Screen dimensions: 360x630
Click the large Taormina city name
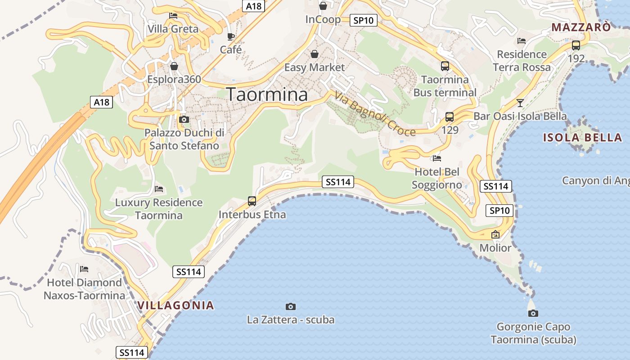point(267,94)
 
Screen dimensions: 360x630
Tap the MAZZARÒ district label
point(581,27)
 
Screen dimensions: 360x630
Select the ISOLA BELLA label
point(582,138)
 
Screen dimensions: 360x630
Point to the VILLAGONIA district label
point(175,305)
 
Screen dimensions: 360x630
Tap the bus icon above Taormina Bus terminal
point(445,66)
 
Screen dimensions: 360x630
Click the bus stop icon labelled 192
point(576,45)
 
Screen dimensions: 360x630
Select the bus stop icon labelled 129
point(449,117)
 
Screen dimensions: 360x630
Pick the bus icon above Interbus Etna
point(252,201)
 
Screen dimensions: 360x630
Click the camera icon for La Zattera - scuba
point(291,306)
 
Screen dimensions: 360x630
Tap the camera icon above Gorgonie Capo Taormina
point(533,313)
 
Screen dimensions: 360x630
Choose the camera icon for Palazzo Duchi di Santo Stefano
point(184,119)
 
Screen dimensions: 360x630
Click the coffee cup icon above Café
point(231,36)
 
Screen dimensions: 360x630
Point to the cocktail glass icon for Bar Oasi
point(520,103)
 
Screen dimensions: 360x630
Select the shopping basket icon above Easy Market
point(314,54)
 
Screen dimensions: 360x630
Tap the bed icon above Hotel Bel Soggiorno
point(436,158)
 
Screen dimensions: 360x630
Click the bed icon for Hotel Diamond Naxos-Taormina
point(84,269)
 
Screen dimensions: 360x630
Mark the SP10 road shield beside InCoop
point(364,20)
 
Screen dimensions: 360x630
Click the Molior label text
point(495,248)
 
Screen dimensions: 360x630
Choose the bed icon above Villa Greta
point(173,16)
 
